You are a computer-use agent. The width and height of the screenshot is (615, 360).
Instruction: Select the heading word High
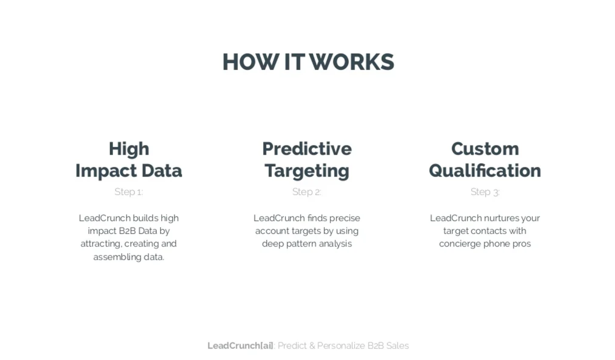[129, 149]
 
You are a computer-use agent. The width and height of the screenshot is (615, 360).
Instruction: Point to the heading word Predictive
[307, 149]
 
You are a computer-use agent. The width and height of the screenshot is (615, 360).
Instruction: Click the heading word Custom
[485, 149]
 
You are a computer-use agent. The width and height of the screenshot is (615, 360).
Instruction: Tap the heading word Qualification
[485, 171]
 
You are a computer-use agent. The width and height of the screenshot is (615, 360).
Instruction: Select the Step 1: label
[129, 192]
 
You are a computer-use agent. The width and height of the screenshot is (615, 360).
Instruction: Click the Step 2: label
[307, 192]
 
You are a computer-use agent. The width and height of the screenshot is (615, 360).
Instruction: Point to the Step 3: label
[485, 192]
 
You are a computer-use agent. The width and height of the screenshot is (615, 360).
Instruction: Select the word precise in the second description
[344, 218]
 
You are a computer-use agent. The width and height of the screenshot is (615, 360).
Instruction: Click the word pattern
[301, 244]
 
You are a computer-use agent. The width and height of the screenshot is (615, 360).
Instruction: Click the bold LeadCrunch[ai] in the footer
[240, 346]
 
